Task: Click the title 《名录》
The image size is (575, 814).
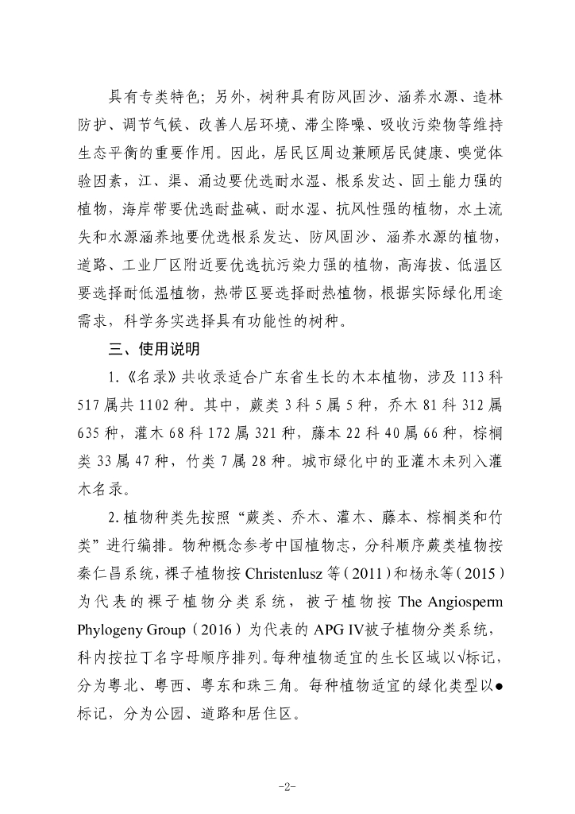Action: pos(141,375)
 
